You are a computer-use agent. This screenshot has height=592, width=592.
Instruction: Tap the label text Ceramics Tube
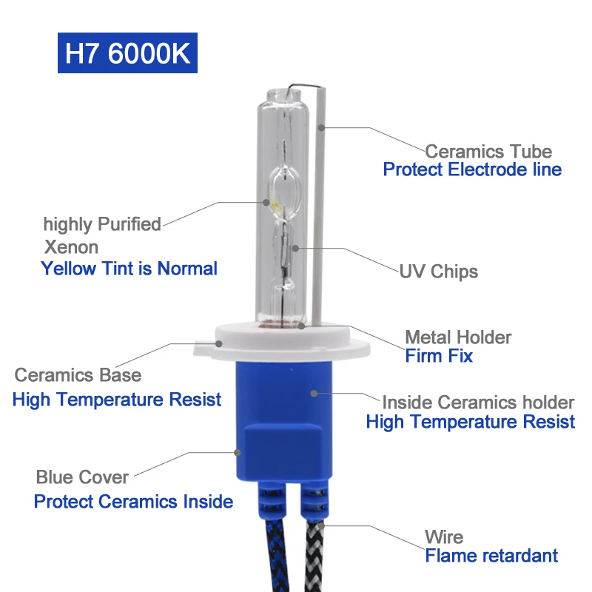click(488, 152)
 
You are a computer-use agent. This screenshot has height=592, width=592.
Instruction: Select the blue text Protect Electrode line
click(472, 169)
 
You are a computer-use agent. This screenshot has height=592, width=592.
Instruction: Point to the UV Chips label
click(439, 272)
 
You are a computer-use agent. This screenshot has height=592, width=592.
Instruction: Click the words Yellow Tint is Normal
click(129, 268)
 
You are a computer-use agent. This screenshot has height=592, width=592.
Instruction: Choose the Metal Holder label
click(458, 337)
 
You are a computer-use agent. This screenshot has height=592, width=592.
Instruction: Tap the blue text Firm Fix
click(439, 356)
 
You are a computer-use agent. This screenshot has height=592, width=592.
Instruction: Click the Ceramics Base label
click(78, 375)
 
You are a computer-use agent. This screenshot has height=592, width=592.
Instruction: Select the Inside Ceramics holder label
click(478, 403)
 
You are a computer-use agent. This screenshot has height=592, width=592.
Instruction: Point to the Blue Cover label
click(82, 477)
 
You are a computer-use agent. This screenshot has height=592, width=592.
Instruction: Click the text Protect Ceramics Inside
click(133, 502)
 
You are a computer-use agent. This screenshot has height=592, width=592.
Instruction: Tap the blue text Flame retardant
click(491, 555)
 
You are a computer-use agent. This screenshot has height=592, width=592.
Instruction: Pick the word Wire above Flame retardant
click(444, 537)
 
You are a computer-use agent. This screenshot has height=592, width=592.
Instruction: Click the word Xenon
click(71, 246)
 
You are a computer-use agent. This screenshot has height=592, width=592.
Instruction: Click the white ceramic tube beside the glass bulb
click(319, 207)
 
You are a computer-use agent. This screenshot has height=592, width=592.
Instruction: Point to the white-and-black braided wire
click(314, 551)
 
